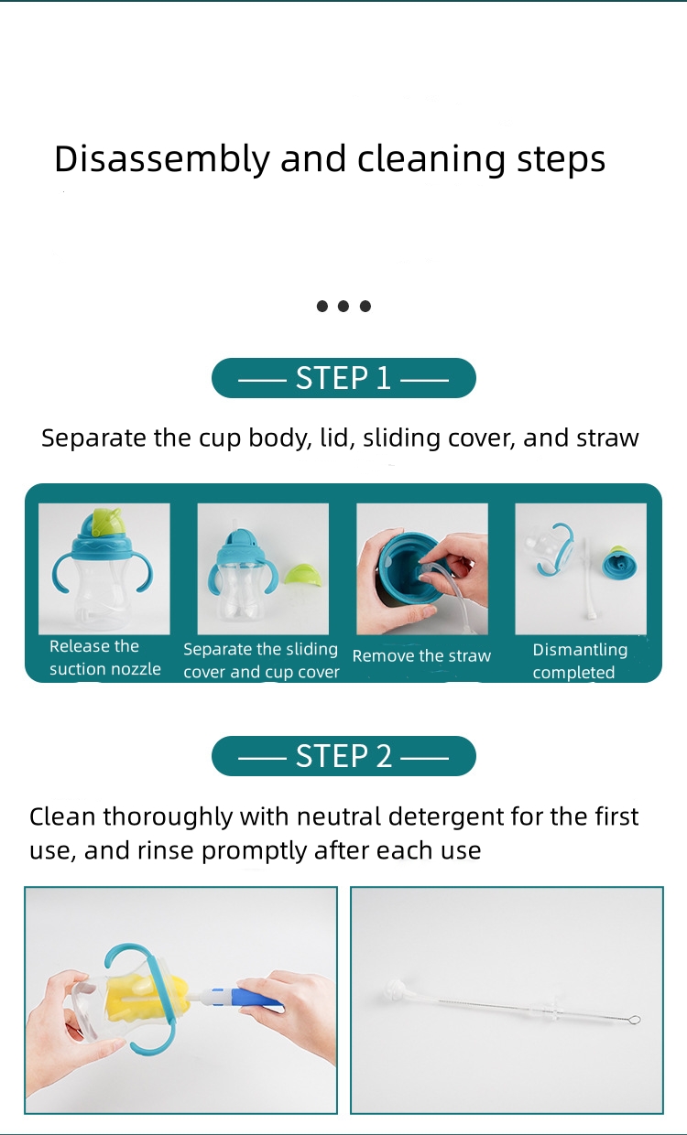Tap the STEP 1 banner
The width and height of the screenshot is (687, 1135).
[343, 378]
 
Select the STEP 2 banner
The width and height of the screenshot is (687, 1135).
[343, 756]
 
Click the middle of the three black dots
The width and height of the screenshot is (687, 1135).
[343, 306]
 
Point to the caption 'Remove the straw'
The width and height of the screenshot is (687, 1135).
[421, 656]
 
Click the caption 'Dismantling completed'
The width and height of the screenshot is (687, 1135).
[579, 661]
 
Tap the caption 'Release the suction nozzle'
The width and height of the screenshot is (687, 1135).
[104, 658]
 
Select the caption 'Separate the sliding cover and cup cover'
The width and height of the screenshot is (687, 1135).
[261, 661]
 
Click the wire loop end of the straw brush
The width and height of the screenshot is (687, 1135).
[632, 1020]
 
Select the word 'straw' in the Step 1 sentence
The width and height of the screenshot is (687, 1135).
[606, 438]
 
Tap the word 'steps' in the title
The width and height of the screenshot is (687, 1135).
[561, 159]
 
